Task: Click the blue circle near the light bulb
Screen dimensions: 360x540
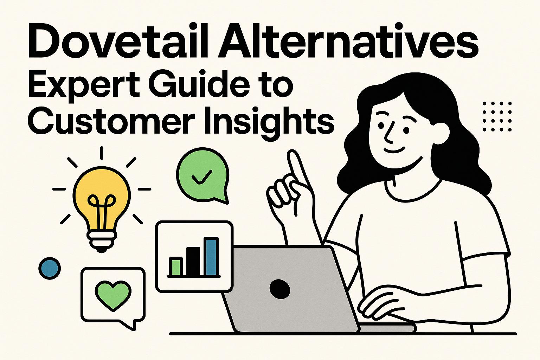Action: coord(50,268)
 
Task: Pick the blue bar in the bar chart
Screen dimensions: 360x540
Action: coord(211,257)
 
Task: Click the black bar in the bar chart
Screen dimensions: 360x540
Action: coord(193,261)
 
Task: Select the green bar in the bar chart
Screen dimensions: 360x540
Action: coord(175,266)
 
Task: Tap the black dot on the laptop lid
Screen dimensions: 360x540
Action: coord(279,289)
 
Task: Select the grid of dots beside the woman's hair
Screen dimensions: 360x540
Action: coord(497,116)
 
